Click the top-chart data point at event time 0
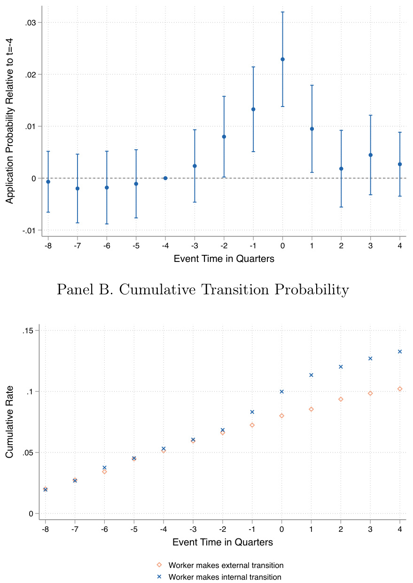tap(282, 59)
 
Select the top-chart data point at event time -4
tap(165, 178)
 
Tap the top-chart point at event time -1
tap(253, 109)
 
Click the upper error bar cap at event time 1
tap(312, 85)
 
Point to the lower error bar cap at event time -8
tap(48, 212)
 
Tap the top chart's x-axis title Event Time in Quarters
tap(224, 259)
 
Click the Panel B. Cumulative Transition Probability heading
tap(203, 290)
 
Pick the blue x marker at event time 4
tap(400, 352)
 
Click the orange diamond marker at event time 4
tap(400, 389)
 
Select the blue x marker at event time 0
tap(282, 391)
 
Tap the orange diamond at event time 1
tap(311, 409)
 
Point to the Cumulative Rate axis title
tap(9, 422)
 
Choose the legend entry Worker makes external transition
tap(226, 565)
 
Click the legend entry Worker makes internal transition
tap(225, 577)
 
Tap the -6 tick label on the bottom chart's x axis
tap(104, 528)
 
